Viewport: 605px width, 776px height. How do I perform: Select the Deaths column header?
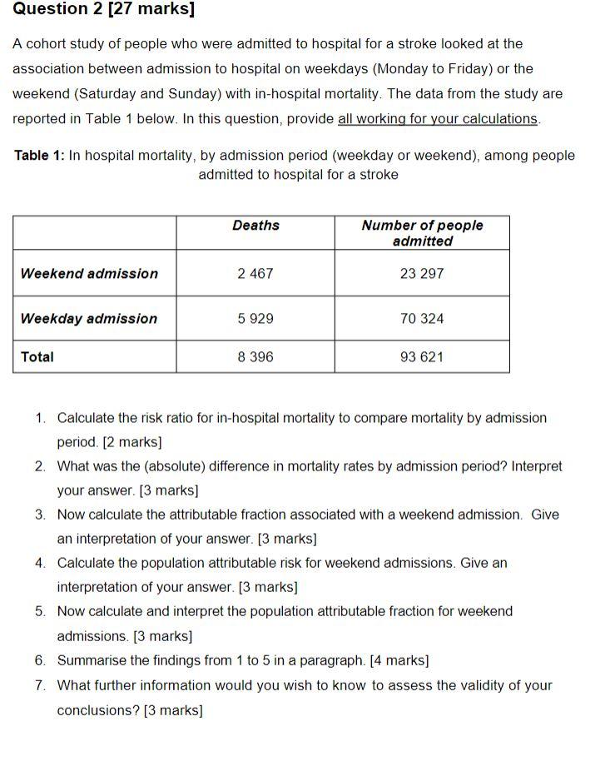(x=255, y=226)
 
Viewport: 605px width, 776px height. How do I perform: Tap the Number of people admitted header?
(x=422, y=233)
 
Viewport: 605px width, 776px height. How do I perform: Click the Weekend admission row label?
(x=89, y=274)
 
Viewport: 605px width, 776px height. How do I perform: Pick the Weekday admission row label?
(x=88, y=319)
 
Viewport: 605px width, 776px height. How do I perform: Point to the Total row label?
(x=37, y=357)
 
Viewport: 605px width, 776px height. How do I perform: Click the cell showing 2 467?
(x=255, y=274)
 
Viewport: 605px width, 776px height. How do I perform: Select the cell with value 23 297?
(x=422, y=274)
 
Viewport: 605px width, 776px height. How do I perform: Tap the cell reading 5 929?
(x=255, y=319)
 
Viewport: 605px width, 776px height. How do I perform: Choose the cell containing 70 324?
(x=422, y=319)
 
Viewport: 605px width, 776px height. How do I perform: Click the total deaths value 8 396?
(x=255, y=357)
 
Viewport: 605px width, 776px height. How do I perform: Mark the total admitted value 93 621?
(x=422, y=357)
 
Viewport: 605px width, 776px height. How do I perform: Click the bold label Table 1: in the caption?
(x=39, y=156)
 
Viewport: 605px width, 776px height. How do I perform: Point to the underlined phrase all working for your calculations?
(x=438, y=118)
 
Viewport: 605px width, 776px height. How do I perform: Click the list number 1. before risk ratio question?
(x=41, y=418)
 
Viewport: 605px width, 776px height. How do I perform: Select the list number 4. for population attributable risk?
(x=41, y=563)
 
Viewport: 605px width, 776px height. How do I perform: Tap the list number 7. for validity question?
(x=41, y=686)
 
